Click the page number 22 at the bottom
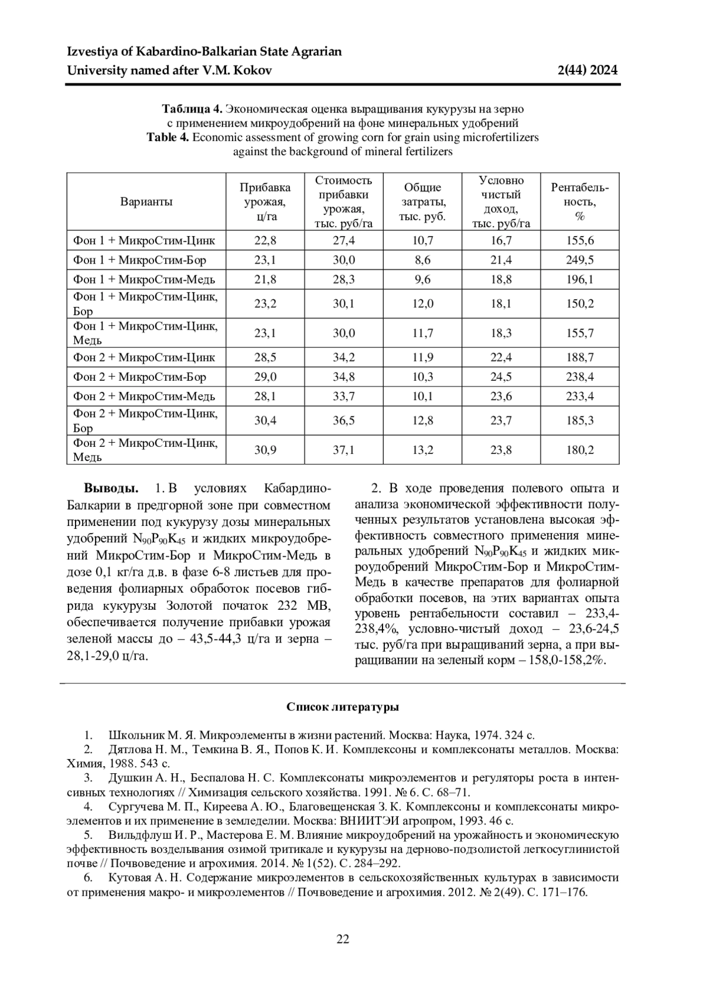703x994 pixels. [x=343, y=939]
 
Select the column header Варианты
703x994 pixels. [x=146, y=202]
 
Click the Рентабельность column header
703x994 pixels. [x=579, y=201]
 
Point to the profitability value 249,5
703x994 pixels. [x=579, y=260]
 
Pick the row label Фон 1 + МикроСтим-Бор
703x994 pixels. [x=139, y=260]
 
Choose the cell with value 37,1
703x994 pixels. [x=344, y=450]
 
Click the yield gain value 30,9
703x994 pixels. [x=265, y=450]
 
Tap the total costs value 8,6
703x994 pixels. [x=422, y=260]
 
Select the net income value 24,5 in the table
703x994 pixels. [x=501, y=377]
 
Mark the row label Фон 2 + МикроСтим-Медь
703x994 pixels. [x=144, y=397]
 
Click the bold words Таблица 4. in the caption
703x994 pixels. [x=192, y=109]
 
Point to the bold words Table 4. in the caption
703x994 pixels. [x=168, y=138]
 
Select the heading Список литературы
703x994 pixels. [x=343, y=707]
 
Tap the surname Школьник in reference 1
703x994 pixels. [x=133, y=736]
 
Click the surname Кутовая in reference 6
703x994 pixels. [x=130, y=878]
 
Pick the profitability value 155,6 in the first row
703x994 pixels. [x=579, y=240]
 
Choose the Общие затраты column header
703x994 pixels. [x=422, y=201]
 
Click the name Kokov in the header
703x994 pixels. [x=254, y=71]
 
